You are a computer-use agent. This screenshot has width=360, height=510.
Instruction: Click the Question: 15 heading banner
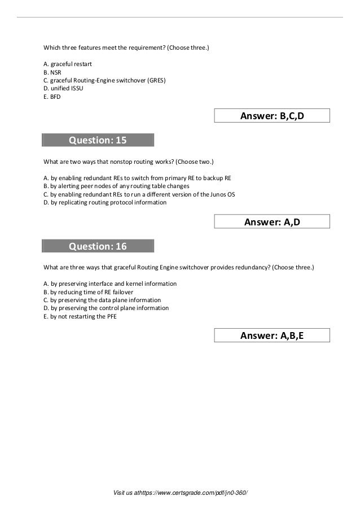[98, 140]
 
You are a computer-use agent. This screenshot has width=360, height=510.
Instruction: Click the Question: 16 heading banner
[98, 246]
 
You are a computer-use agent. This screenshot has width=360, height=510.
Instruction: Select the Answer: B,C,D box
[272, 116]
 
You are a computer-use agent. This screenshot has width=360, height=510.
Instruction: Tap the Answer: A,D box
[272, 223]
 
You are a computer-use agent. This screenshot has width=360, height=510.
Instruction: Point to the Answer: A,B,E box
[272, 336]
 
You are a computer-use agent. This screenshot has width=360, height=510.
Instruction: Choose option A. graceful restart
[64, 64]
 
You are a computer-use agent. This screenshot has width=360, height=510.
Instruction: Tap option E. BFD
[51, 97]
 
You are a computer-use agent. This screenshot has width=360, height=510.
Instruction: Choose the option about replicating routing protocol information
[105, 202]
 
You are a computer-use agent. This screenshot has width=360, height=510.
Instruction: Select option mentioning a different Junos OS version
[139, 194]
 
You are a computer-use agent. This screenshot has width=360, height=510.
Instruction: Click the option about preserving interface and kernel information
[110, 284]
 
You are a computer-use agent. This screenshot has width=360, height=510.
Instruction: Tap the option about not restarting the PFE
[80, 316]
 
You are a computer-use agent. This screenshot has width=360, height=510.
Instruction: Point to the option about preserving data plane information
[102, 300]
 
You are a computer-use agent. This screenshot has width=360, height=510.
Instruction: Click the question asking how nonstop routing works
[129, 161]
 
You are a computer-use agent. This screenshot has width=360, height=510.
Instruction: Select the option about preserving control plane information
[106, 308]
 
